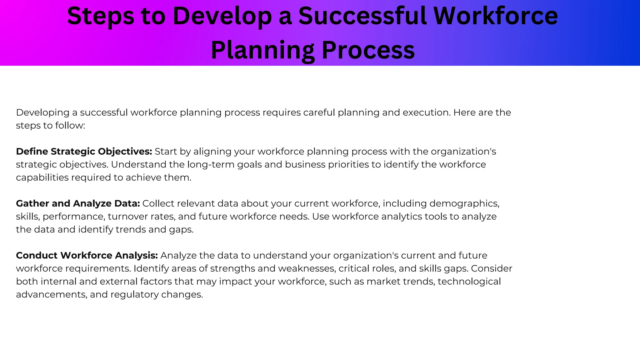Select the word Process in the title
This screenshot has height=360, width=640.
pyautogui.click(x=368, y=50)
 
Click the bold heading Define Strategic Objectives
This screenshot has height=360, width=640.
pyautogui.click(x=84, y=152)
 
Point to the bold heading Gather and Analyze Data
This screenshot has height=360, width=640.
pyautogui.click(x=78, y=203)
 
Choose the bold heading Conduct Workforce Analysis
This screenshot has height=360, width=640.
pyautogui.click(x=87, y=256)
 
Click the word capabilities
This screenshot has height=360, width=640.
pyautogui.click(x=42, y=177)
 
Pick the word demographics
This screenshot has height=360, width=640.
pyautogui.click(x=464, y=204)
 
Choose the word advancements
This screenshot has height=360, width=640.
pyautogui.click(x=52, y=295)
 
